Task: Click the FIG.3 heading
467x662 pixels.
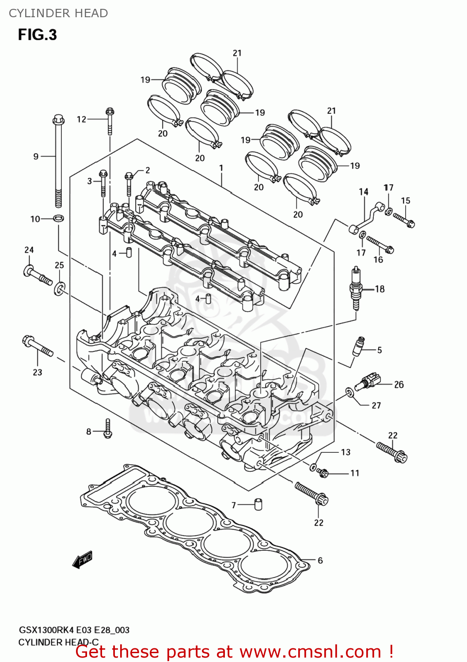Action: (x=38, y=35)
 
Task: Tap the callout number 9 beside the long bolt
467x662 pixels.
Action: (x=36, y=156)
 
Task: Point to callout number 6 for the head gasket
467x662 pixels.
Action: (x=320, y=560)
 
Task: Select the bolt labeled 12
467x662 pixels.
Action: (x=110, y=120)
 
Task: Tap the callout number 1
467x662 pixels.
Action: (x=221, y=168)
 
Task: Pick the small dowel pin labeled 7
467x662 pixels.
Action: (x=258, y=504)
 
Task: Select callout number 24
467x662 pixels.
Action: (x=29, y=250)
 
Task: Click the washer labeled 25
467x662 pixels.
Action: (x=60, y=289)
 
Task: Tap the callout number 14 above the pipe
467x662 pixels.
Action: (x=364, y=192)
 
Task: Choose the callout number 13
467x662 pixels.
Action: (x=346, y=452)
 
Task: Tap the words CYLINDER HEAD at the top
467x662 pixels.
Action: (x=58, y=13)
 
